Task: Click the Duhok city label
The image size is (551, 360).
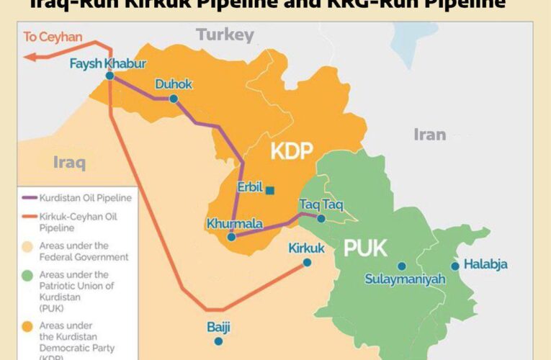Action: [174, 85]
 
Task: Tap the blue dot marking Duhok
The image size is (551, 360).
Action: [174, 99]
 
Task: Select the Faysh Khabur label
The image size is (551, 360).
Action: [108, 63]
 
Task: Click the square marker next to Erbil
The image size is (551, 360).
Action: [269, 190]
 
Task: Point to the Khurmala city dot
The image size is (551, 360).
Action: [231, 237]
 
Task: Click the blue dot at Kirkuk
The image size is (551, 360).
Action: [308, 263]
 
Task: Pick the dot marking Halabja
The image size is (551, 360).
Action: [455, 266]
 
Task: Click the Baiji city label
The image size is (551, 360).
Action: [218, 328]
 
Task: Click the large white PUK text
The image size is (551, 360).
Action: [365, 249]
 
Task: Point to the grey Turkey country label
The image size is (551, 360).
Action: [225, 35]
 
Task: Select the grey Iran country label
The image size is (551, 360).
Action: [429, 134]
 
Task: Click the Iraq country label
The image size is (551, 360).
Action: [69, 162]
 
